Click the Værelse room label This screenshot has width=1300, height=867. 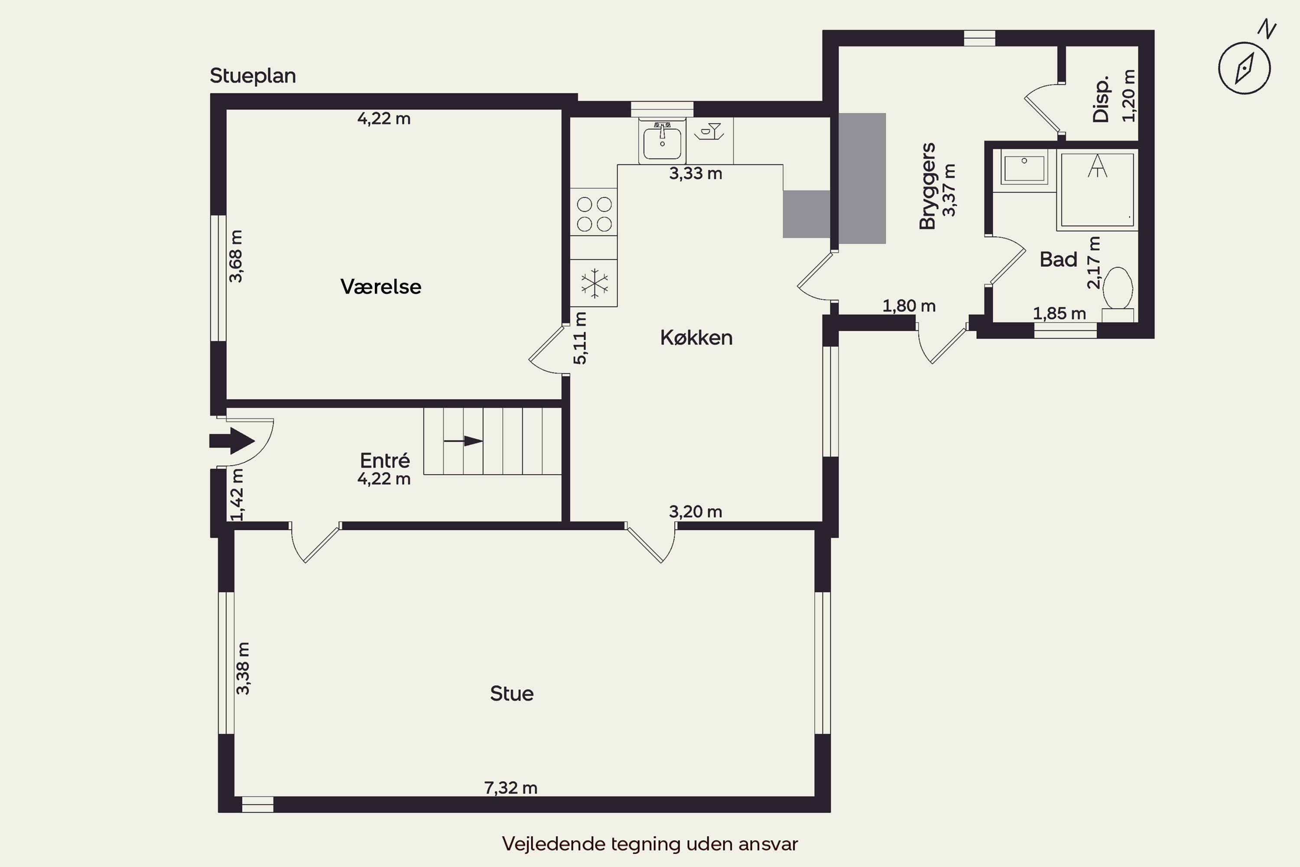[x=381, y=287]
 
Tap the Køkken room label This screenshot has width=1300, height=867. [x=696, y=337]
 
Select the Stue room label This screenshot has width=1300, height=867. [x=512, y=693]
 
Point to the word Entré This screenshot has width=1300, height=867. [x=385, y=460]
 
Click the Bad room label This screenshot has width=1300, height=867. [x=1059, y=259]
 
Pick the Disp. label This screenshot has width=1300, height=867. [x=1101, y=99]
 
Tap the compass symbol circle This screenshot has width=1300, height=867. [x=1244, y=68]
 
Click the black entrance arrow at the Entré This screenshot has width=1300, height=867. [x=231, y=441]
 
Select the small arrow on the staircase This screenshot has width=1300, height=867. [x=463, y=441]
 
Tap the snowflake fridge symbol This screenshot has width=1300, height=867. [x=594, y=283]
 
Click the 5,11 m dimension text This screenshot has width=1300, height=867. [x=580, y=339]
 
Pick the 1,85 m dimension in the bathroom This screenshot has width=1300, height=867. [x=1059, y=313]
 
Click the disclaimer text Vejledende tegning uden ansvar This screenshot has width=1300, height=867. [x=650, y=844]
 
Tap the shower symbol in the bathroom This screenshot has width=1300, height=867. [x=1097, y=189]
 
